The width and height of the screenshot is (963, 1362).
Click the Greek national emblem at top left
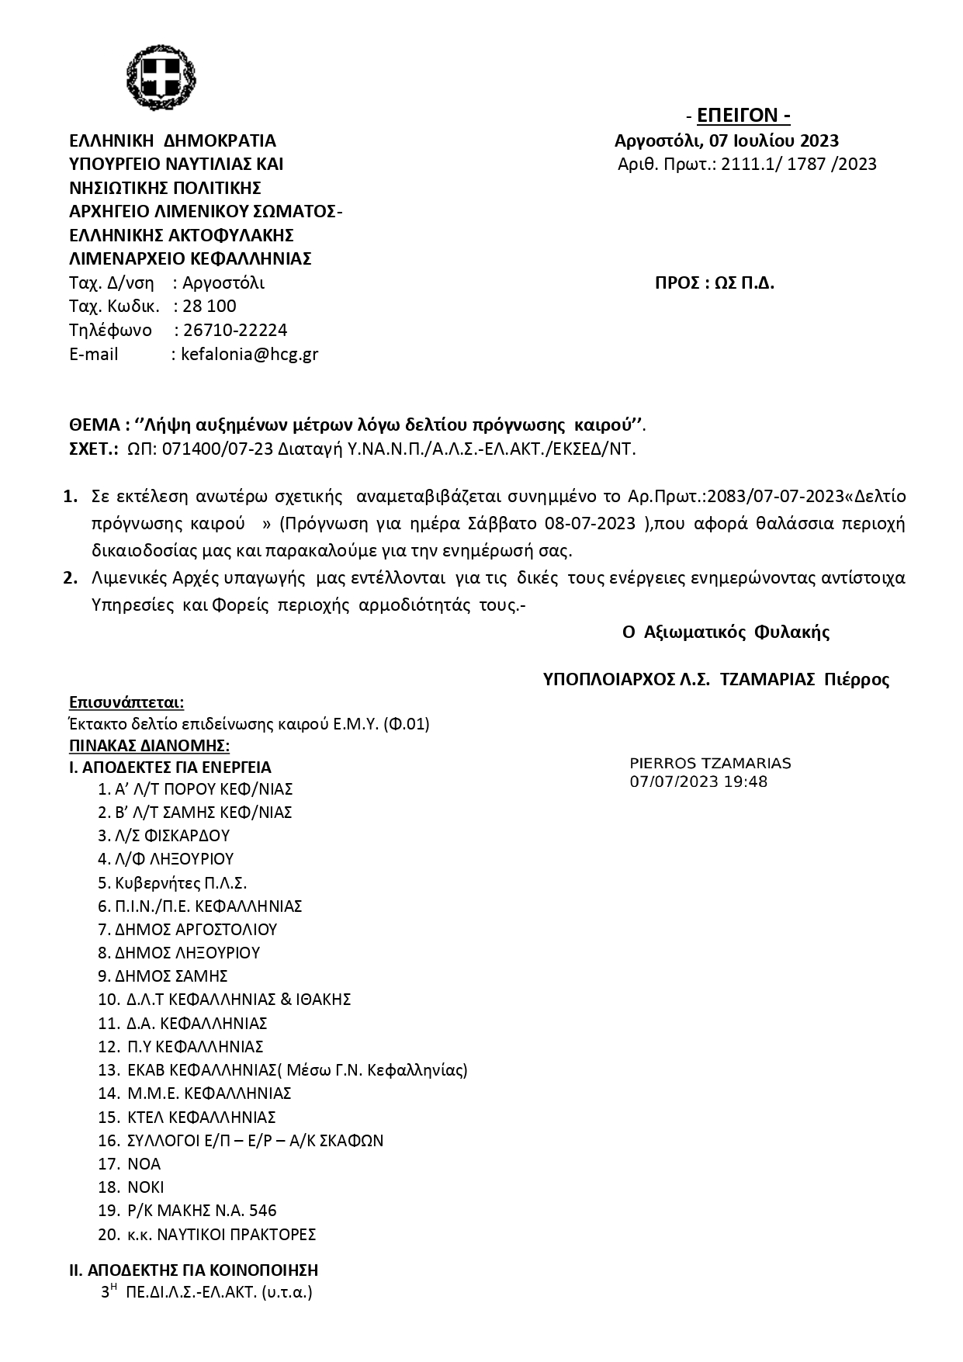coord(161,78)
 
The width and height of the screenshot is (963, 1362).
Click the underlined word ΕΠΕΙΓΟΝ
coord(743,116)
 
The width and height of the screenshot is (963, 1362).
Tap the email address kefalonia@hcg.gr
coord(249,354)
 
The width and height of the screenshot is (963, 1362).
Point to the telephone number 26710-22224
coord(235,330)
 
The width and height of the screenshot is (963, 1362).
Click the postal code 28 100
coord(210,306)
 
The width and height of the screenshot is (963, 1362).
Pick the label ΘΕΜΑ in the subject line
coord(94,425)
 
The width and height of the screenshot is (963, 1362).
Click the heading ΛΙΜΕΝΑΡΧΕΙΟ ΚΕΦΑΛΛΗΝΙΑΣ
coord(190,258)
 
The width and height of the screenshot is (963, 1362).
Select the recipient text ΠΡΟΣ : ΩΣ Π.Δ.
coord(715,282)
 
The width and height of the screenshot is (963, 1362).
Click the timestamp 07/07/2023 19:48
coord(698,782)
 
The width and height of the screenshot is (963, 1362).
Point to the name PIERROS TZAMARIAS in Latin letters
coord(710,764)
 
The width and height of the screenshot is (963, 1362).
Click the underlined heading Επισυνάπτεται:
coord(126,702)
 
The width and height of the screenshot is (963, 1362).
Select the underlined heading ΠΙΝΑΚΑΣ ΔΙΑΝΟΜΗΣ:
coord(149,746)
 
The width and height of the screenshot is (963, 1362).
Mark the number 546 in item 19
coord(263,1211)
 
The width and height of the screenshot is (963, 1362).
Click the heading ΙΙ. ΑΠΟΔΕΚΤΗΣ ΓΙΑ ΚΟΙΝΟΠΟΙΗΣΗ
coord(194,1270)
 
